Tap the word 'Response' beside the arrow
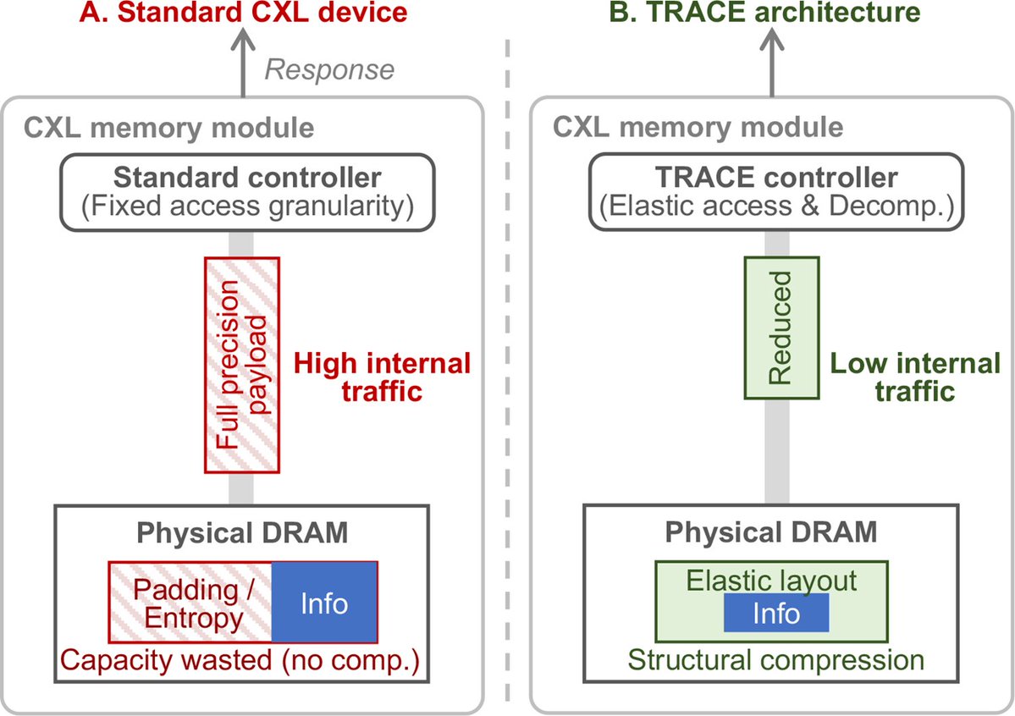(x=329, y=69)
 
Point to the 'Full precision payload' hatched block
(x=242, y=365)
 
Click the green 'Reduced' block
(x=780, y=328)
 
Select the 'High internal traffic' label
(x=381, y=378)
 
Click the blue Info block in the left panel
(x=324, y=603)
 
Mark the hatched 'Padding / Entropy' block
(x=190, y=603)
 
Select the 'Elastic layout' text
(x=771, y=581)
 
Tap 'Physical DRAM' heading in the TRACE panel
(x=771, y=533)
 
